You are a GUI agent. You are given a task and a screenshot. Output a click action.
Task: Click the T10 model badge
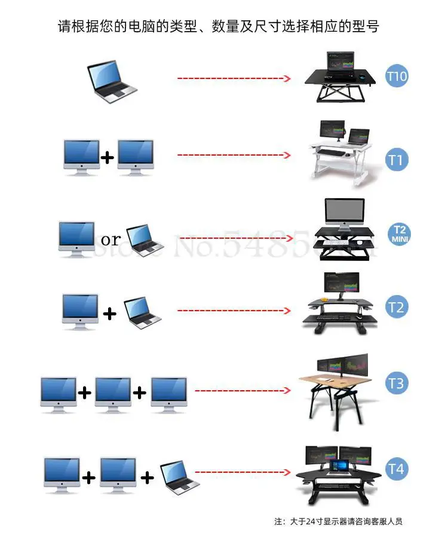397,77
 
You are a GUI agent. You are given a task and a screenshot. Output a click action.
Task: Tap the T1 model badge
397,159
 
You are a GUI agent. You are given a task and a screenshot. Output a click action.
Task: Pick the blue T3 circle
397,382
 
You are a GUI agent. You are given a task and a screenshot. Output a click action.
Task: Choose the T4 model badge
397,468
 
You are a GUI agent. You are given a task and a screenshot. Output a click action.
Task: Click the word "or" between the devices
111,240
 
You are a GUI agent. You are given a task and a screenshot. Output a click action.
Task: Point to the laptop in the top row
112,82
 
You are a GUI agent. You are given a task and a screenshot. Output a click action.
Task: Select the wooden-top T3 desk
335,388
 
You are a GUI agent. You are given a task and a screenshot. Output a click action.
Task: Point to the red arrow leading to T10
234,78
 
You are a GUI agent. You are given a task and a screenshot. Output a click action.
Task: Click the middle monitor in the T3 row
113,394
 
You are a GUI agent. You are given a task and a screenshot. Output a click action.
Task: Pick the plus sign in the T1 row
108,158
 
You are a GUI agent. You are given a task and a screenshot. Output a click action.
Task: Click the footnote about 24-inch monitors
338,521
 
